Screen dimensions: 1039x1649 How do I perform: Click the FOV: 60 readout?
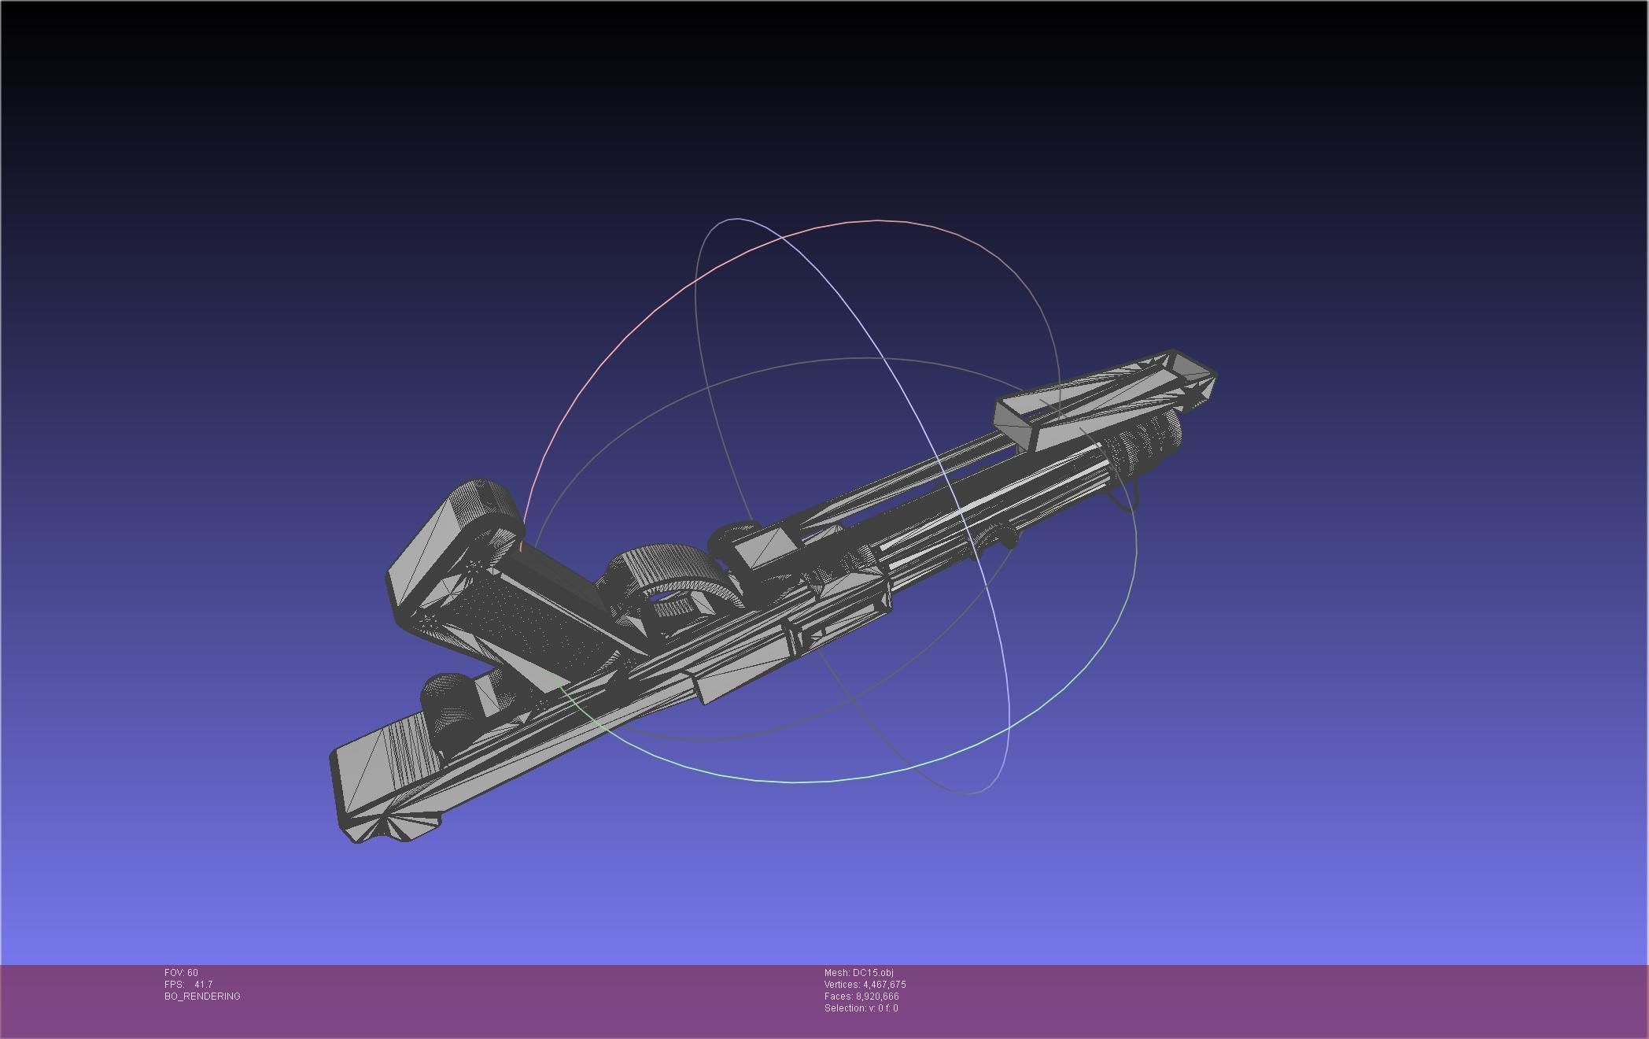[181, 973]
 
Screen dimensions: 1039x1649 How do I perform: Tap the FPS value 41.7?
[203, 985]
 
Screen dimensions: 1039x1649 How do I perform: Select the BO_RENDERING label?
[202, 996]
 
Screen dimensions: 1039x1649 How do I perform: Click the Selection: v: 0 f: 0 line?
[861, 1008]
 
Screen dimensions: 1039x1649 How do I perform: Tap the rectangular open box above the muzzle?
[1101, 401]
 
